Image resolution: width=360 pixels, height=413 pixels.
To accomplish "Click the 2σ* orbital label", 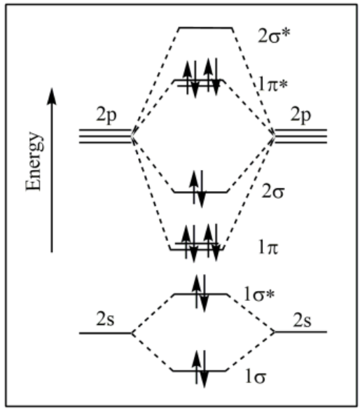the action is pyautogui.click(x=274, y=36).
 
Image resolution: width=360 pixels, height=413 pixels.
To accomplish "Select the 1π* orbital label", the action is pyautogui.click(x=272, y=85).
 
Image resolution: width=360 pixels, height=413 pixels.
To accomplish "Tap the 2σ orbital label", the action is pyautogui.click(x=272, y=192).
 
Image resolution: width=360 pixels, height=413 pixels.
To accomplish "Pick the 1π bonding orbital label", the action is pyautogui.click(x=268, y=248).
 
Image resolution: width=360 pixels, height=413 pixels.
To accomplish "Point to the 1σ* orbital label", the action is pyautogui.click(x=259, y=295).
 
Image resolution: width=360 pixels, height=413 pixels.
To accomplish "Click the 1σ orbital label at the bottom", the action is pyautogui.click(x=255, y=377).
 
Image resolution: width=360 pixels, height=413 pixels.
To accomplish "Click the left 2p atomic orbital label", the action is pyautogui.click(x=106, y=116).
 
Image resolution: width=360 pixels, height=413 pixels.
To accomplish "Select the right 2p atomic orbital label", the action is pyautogui.click(x=300, y=116).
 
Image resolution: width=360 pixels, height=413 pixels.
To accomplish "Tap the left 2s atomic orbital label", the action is pyautogui.click(x=105, y=319).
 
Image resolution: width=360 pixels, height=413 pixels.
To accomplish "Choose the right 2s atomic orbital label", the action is pyautogui.click(x=303, y=320).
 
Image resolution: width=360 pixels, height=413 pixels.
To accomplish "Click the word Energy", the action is pyautogui.click(x=34, y=161).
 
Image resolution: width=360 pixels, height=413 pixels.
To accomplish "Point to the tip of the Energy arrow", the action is pyautogui.click(x=52, y=88).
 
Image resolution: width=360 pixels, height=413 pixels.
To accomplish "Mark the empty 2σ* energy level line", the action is pyautogui.click(x=205, y=27).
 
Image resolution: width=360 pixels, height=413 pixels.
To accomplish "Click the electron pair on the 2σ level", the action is pyautogui.click(x=198, y=189).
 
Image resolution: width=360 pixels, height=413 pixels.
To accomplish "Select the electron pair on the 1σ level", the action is pyautogui.click(x=200, y=369).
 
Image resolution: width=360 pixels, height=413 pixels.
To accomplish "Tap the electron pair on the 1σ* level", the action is pyautogui.click(x=200, y=293).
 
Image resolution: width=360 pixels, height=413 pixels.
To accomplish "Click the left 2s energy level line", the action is pyautogui.click(x=106, y=333).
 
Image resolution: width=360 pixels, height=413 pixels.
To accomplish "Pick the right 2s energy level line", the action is pyautogui.click(x=300, y=332).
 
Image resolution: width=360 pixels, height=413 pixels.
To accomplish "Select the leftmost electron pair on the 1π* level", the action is pyautogui.click(x=191, y=78).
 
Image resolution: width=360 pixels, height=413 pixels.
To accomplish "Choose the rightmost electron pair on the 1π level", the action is pyautogui.click(x=212, y=243).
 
